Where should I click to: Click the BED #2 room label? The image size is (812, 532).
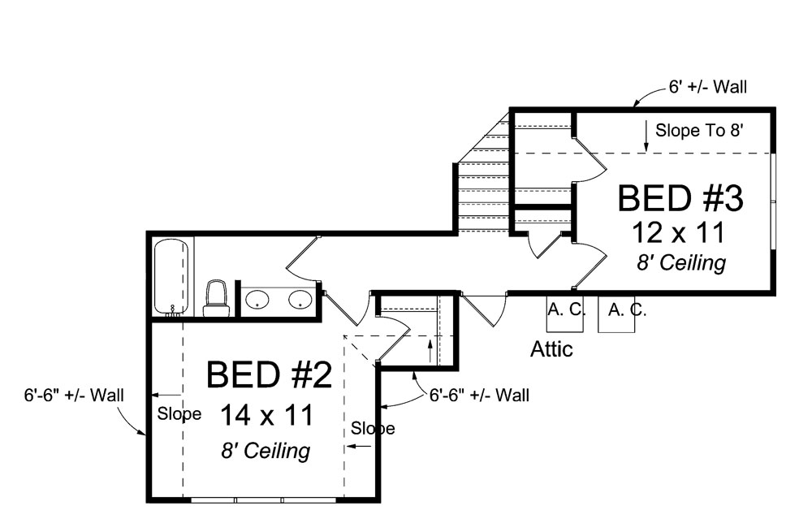(270, 374)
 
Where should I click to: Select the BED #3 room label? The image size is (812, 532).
(681, 197)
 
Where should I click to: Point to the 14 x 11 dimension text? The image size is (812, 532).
(266, 416)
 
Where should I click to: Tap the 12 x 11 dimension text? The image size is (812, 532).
(678, 232)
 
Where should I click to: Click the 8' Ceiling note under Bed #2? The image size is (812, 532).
(266, 451)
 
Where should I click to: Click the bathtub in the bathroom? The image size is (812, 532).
(172, 276)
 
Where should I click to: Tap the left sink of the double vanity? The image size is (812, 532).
(257, 300)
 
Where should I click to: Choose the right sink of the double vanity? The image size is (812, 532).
(300, 300)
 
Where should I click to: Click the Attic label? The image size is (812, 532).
(551, 350)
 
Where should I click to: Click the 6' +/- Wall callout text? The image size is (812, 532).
(708, 86)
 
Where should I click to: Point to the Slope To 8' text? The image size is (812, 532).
(699, 129)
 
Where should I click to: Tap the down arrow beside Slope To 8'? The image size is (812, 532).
(646, 135)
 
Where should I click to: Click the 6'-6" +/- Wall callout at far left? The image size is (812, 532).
(73, 396)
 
